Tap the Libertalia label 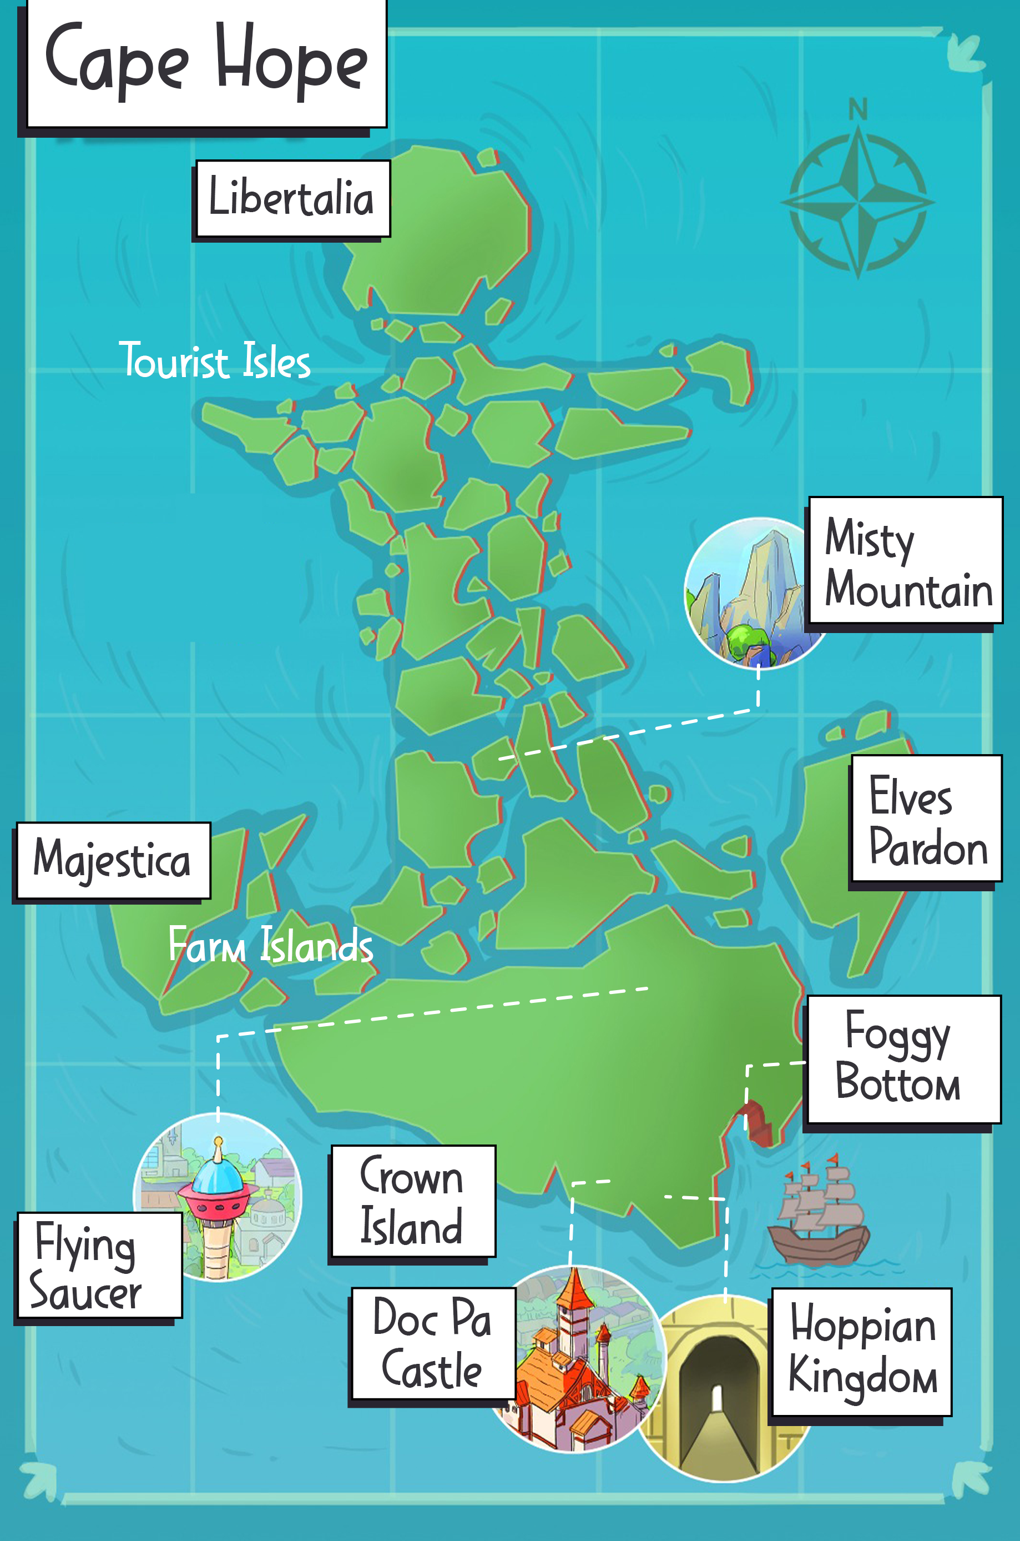pyautogui.click(x=292, y=198)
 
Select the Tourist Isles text pyautogui.click(x=215, y=360)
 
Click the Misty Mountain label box pyautogui.click(x=906, y=561)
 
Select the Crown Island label pyautogui.click(x=413, y=1201)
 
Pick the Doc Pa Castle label pyautogui.click(x=433, y=1343)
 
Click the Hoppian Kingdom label pyautogui.click(x=861, y=1351)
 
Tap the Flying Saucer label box pyautogui.click(x=98, y=1265)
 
